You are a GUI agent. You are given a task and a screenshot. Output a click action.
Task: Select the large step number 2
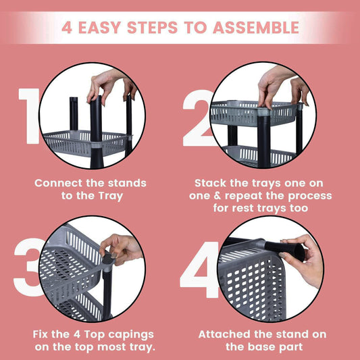197,118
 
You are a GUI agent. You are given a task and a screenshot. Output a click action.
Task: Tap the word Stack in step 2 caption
211,183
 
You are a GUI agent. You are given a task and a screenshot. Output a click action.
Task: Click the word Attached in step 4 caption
224,334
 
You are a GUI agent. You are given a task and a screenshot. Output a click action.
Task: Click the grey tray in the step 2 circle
253,113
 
